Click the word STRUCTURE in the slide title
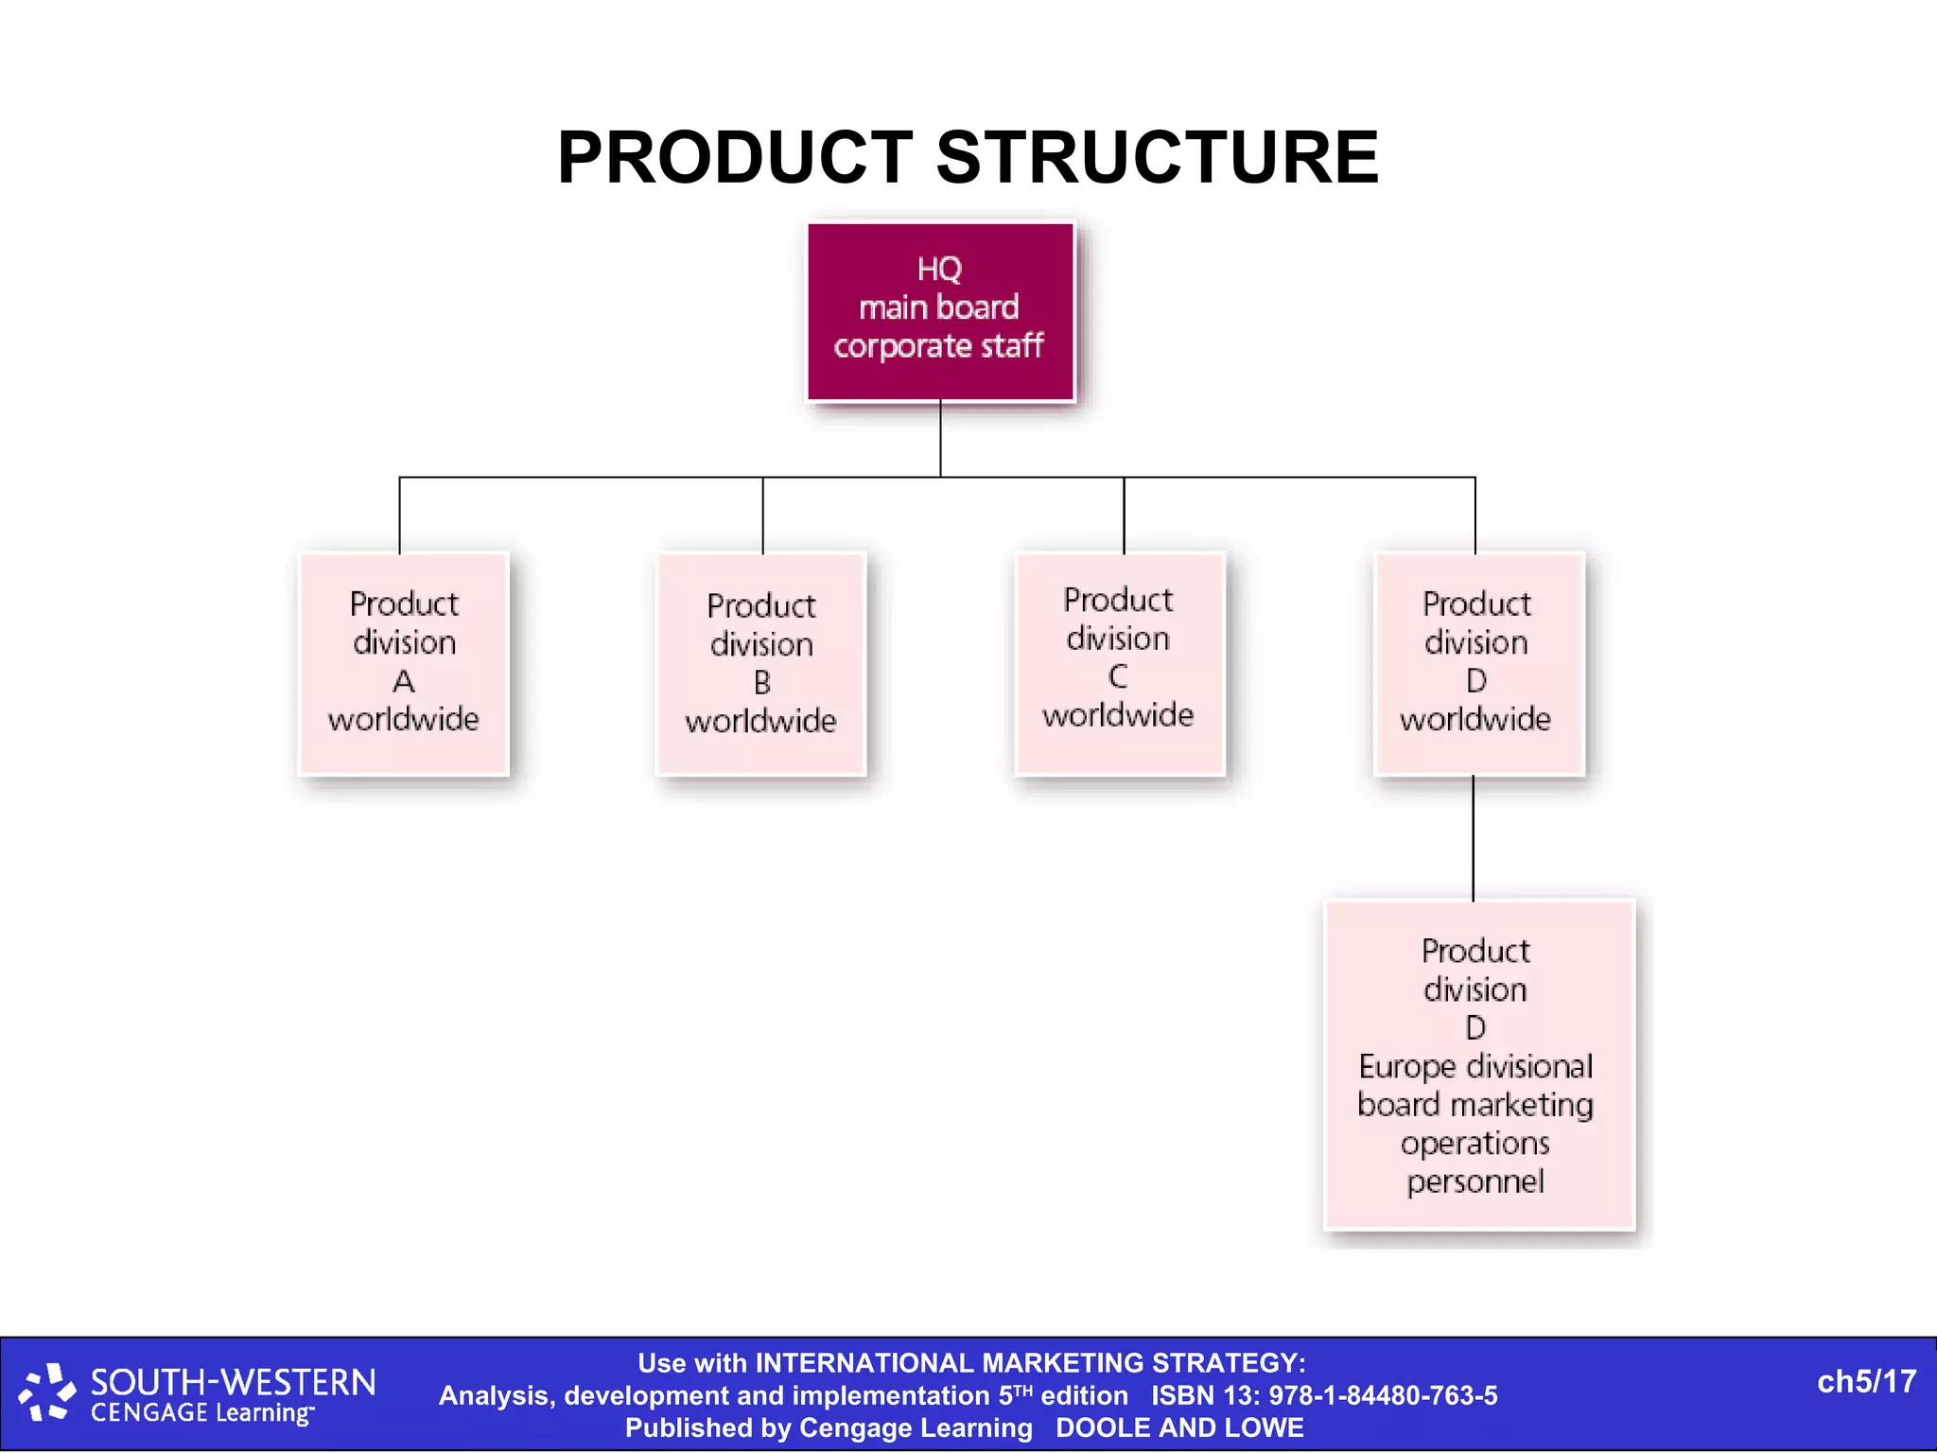(x=1157, y=158)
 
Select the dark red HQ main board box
(x=940, y=312)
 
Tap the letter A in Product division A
(x=404, y=681)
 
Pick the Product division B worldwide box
(x=761, y=664)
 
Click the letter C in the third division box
(x=1118, y=677)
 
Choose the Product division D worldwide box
(x=1478, y=664)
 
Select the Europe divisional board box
(x=1478, y=1064)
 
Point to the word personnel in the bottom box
(x=1475, y=1182)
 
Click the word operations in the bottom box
(x=1475, y=1143)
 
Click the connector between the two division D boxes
(x=1473, y=838)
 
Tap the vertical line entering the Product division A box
(x=399, y=516)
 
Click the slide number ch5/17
(x=1866, y=1382)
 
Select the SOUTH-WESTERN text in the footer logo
(x=233, y=1383)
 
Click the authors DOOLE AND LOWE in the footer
(x=1179, y=1427)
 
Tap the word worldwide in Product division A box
(x=404, y=719)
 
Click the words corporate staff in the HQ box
(x=938, y=346)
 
